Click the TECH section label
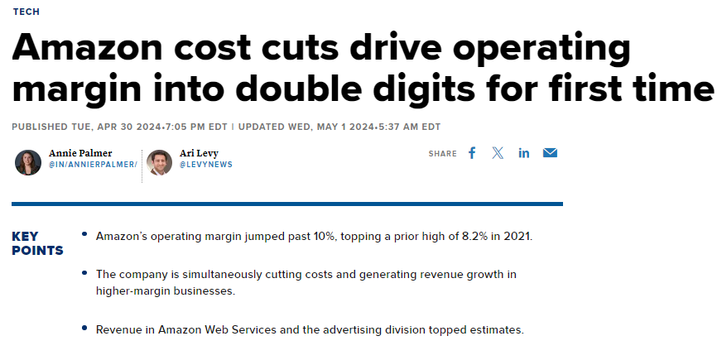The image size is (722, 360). (x=26, y=12)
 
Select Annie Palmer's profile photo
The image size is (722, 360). (x=28, y=162)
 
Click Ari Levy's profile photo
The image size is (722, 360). (x=159, y=162)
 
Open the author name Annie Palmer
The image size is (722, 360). (x=80, y=153)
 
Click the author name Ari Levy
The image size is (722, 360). (x=199, y=153)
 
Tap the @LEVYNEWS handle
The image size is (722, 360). (x=206, y=165)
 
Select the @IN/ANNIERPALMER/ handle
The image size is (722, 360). (x=93, y=165)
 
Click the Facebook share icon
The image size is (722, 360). (x=472, y=153)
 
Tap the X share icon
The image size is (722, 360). (x=498, y=153)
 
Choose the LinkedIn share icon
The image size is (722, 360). (x=524, y=153)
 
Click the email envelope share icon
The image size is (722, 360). (x=550, y=153)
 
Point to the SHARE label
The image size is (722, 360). (x=442, y=154)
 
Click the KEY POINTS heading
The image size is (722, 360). (x=37, y=243)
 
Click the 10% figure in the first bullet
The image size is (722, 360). (x=313, y=237)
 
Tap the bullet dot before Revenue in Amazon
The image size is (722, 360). (x=84, y=328)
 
